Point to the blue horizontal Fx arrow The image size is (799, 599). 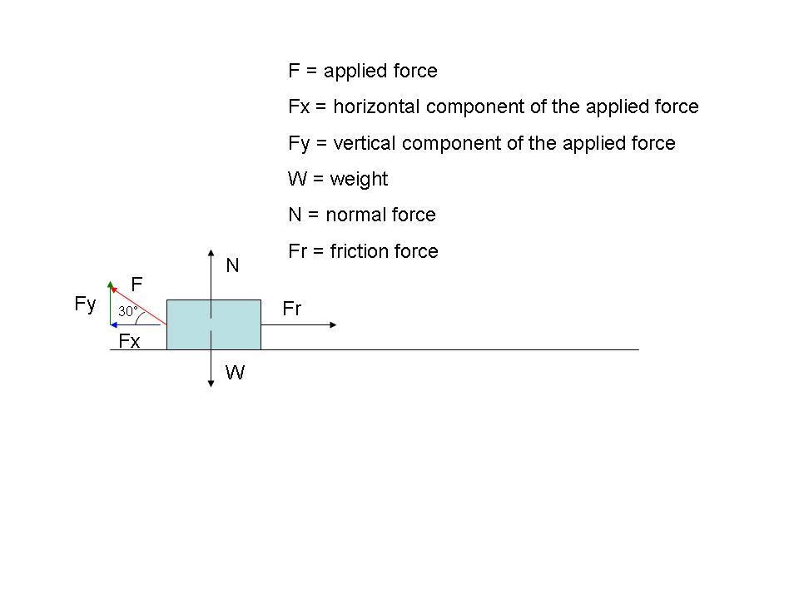tap(136, 324)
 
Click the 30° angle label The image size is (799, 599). tap(127, 311)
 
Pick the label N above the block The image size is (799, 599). tap(233, 265)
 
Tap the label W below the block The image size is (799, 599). tap(236, 373)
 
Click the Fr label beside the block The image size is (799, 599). tap(291, 309)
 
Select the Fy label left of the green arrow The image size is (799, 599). tap(85, 304)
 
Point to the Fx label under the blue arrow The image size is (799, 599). tap(129, 341)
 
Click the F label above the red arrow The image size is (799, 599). tap(136, 284)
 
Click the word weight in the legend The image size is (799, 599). tap(359, 179)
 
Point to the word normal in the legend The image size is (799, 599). tap(353, 215)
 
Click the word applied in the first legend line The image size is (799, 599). tap(351, 72)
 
